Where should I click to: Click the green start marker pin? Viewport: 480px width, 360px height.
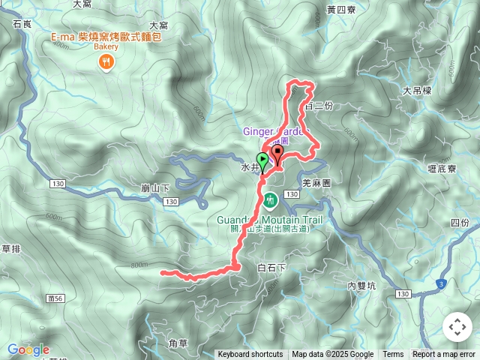262,160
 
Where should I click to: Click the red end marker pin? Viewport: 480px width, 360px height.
278,154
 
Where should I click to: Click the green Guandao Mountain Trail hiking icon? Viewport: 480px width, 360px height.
270,200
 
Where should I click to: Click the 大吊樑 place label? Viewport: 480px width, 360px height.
417,91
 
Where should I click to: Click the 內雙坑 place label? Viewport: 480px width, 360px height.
362,285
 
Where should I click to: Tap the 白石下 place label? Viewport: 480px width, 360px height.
272,268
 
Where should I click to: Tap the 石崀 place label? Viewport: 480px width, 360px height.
22,25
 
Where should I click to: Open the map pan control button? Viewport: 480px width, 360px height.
457,327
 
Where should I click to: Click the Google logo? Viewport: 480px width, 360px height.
28,349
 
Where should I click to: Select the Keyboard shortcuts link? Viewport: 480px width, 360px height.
250,355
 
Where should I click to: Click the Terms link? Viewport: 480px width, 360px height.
393,355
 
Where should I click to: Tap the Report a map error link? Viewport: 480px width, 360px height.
445,355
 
